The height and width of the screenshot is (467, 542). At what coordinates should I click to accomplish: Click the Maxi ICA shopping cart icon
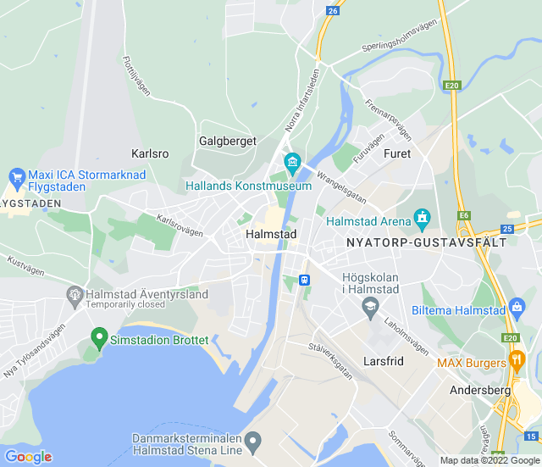16,176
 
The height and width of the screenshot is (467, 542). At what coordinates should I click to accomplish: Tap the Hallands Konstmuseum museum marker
292,161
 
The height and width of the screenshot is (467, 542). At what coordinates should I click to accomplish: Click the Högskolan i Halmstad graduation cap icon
370,309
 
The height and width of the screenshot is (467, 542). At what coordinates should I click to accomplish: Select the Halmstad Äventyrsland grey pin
75,294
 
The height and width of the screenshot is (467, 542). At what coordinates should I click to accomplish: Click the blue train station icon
304,280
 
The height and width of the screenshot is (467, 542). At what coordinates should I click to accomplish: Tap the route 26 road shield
332,10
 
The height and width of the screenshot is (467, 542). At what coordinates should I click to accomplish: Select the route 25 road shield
507,229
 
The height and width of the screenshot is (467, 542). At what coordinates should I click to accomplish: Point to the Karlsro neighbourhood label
151,154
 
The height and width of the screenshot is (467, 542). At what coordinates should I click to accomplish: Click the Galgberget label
227,141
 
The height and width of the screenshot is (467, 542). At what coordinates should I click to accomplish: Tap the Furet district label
397,153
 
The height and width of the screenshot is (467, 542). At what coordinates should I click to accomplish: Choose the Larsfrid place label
384,360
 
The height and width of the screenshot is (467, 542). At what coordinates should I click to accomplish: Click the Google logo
28,457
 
